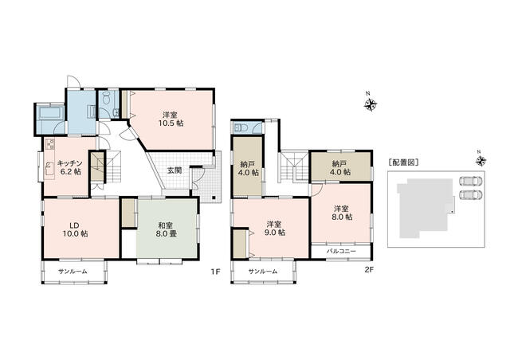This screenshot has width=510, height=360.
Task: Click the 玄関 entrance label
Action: (x=175, y=170)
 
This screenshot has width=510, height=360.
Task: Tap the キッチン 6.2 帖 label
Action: (x=69, y=167)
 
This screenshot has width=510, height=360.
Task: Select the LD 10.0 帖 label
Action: (x=76, y=229)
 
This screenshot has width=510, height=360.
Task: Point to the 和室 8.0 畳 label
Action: (x=167, y=229)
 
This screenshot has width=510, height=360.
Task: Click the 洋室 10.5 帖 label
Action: (x=171, y=119)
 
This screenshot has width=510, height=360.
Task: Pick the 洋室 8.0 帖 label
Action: (x=342, y=213)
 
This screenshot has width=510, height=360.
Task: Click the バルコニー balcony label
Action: (x=341, y=252)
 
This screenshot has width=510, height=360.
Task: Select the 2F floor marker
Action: (x=368, y=270)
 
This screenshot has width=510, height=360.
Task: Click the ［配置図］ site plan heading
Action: (x=403, y=162)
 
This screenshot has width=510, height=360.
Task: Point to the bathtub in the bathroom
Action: (x=50, y=114)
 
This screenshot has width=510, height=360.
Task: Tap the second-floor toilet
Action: (x=241, y=127)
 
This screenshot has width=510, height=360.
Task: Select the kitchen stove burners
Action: (x=49, y=143)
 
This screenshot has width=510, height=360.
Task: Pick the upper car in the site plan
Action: (x=471, y=181)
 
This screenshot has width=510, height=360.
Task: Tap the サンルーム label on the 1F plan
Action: (x=73, y=272)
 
